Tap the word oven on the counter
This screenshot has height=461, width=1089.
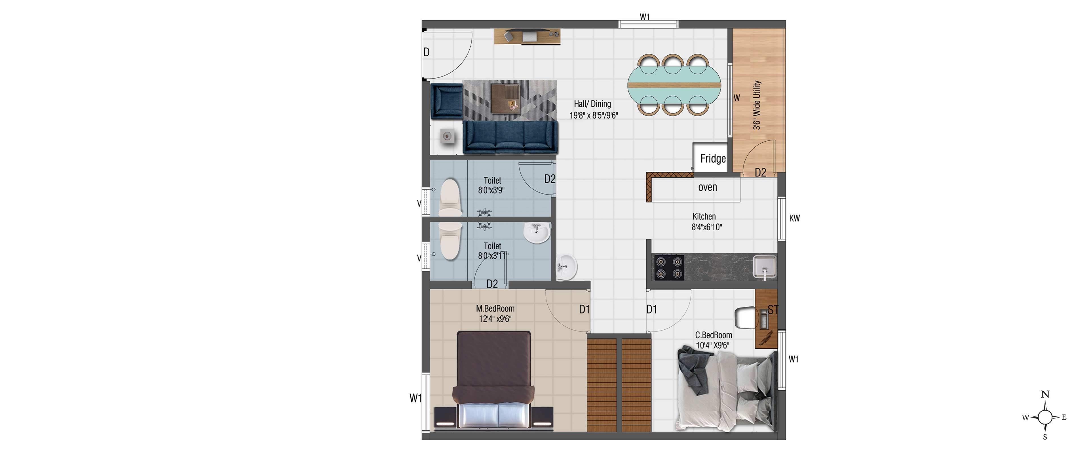[x=708, y=187]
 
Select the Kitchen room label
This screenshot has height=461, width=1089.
[x=704, y=216]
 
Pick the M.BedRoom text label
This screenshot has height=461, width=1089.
[x=495, y=309]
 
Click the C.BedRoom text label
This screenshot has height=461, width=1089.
[x=714, y=335]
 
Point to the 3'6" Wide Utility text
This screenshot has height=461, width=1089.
[x=757, y=105]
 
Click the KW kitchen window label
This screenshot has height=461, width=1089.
[x=794, y=218]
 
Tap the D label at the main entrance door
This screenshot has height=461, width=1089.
[x=427, y=52]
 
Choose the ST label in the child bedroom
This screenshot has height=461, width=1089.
[x=773, y=310]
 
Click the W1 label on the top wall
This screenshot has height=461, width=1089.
[x=645, y=17]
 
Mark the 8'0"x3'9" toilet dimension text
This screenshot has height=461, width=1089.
[x=491, y=190]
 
